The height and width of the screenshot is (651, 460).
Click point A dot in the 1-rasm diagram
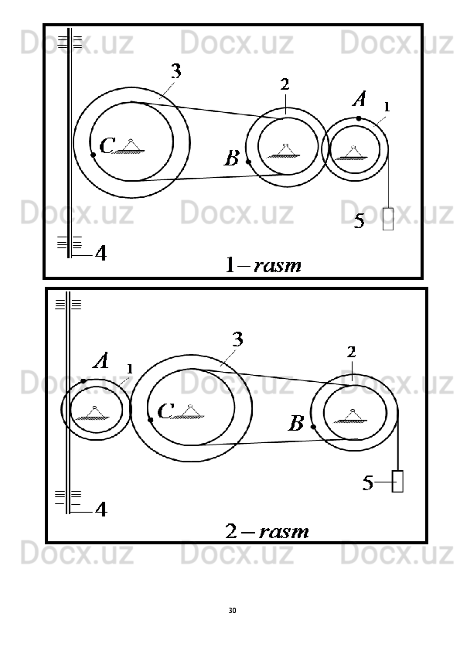[359, 118]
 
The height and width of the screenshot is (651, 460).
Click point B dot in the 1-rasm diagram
[248, 162]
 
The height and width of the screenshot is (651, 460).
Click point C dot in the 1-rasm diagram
[94, 155]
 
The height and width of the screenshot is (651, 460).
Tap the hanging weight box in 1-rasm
[388, 219]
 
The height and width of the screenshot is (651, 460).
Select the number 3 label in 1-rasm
[176, 71]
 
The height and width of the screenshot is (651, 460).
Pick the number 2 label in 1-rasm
[285, 85]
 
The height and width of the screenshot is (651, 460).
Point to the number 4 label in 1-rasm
[101, 253]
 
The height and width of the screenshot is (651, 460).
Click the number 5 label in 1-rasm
[359, 221]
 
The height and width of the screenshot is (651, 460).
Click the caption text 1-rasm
[263, 265]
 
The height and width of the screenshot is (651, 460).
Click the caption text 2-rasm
[267, 531]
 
